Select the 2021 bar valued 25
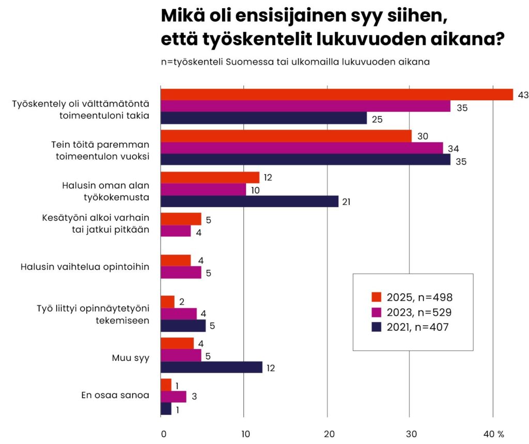click(263, 118)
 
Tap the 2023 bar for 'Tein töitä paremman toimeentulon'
click(302, 148)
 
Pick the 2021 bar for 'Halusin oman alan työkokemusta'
click(250, 202)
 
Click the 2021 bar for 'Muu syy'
click(211, 368)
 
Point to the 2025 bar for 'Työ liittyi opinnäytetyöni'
click(167, 302)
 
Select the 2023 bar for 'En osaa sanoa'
click(173, 396)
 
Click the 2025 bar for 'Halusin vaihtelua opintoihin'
click(176, 261)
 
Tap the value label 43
click(523, 95)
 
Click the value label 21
click(346, 202)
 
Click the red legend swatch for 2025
click(376, 297)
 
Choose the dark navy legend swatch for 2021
click(376, 326)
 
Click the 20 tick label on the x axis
click(327, 434)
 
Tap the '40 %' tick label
click(493, 434)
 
